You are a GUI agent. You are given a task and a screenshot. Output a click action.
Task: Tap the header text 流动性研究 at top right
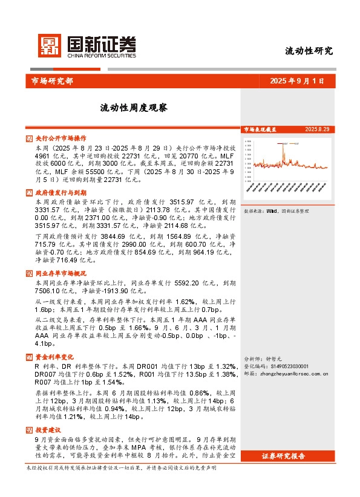(x=309, y=51)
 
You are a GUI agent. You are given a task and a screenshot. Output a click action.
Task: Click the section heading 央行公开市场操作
(x=61, y=138)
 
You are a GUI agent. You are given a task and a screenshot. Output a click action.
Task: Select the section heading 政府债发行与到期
(x=61, y=192)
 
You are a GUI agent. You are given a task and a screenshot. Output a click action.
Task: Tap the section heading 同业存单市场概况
(x=61, y=273)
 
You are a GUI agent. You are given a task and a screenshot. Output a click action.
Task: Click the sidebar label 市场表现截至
(x=260, y=129)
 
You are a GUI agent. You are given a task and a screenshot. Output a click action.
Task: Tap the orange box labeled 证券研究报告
(x=296, y=455)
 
